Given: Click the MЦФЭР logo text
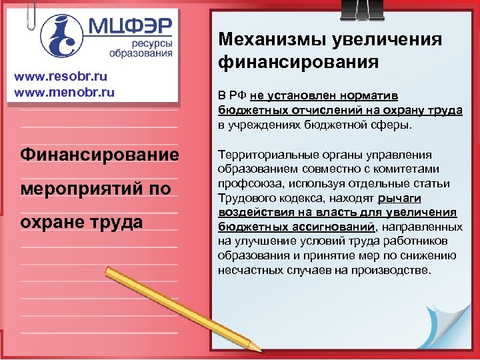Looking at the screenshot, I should tap(130, 27).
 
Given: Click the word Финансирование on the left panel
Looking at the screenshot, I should tap(100, 155).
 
